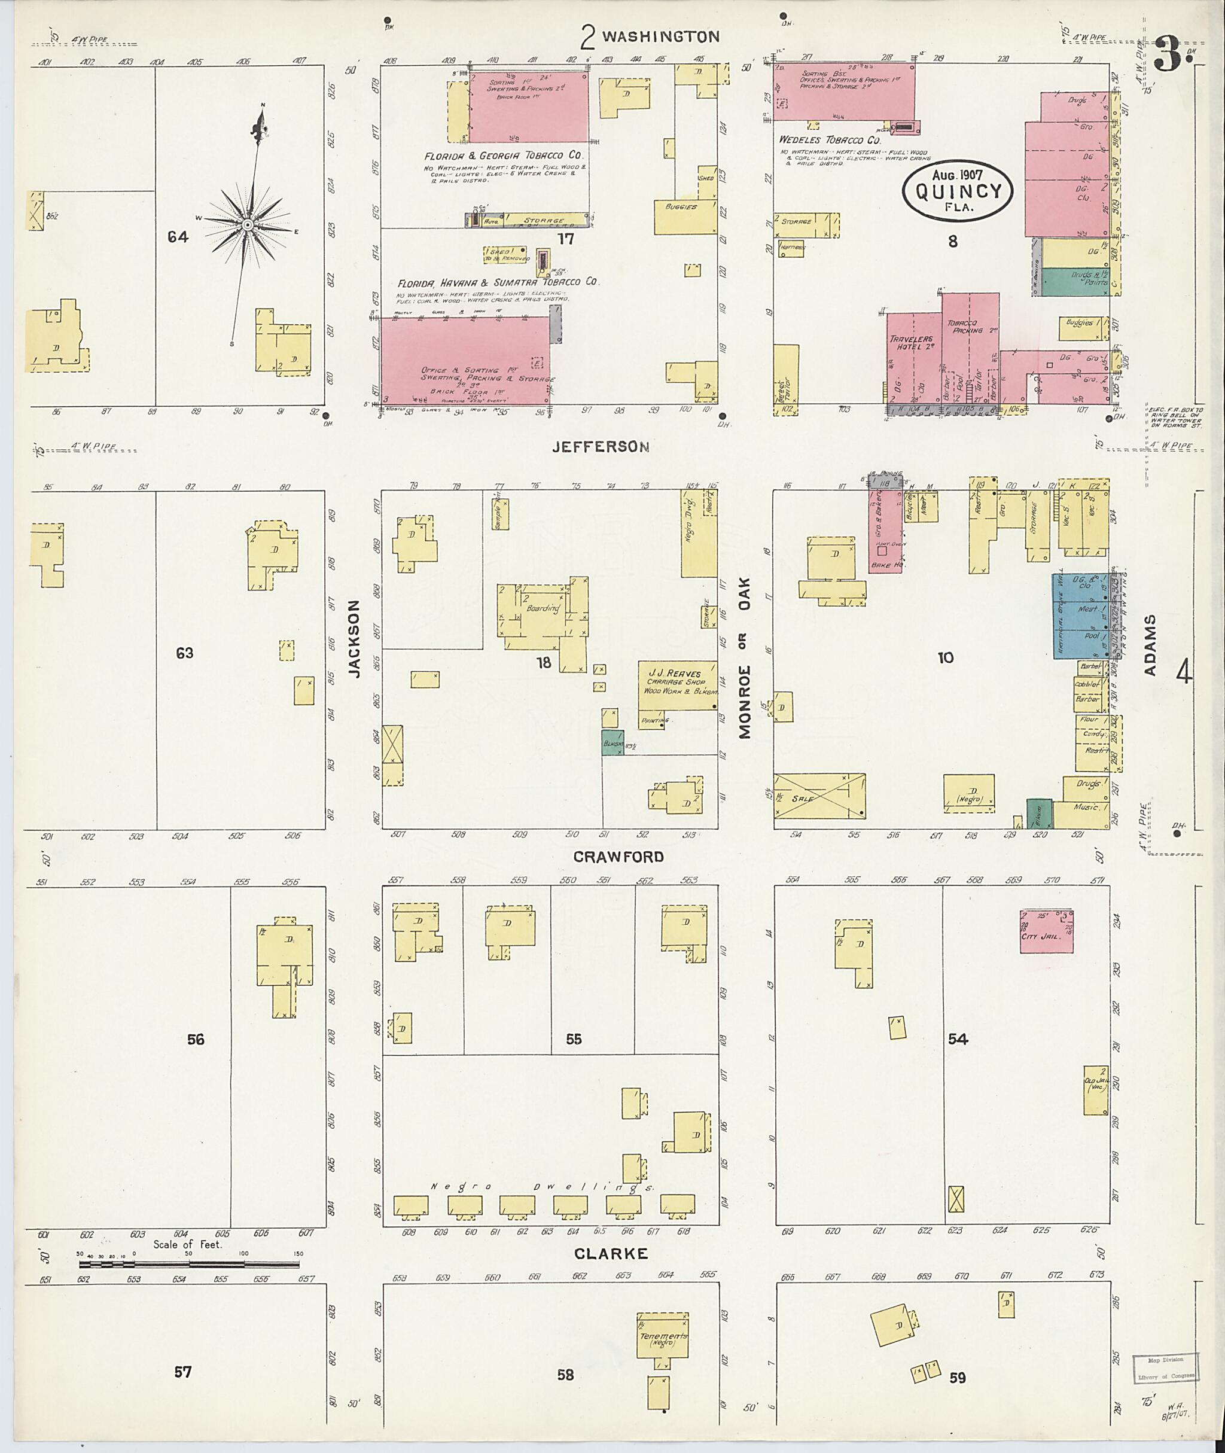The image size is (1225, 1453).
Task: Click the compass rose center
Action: click(246, 225)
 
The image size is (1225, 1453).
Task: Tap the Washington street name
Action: click(659, 36)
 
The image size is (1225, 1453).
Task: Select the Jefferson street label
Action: click(601, 447)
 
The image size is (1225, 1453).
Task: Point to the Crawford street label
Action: click(618, 857)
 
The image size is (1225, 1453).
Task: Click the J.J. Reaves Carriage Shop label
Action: click(674, 681)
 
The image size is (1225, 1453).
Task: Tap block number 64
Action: click(178, 237)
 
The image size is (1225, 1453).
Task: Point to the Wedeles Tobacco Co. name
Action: click(829, 139)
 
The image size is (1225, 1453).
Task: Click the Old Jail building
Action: click(1095, 1090)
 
